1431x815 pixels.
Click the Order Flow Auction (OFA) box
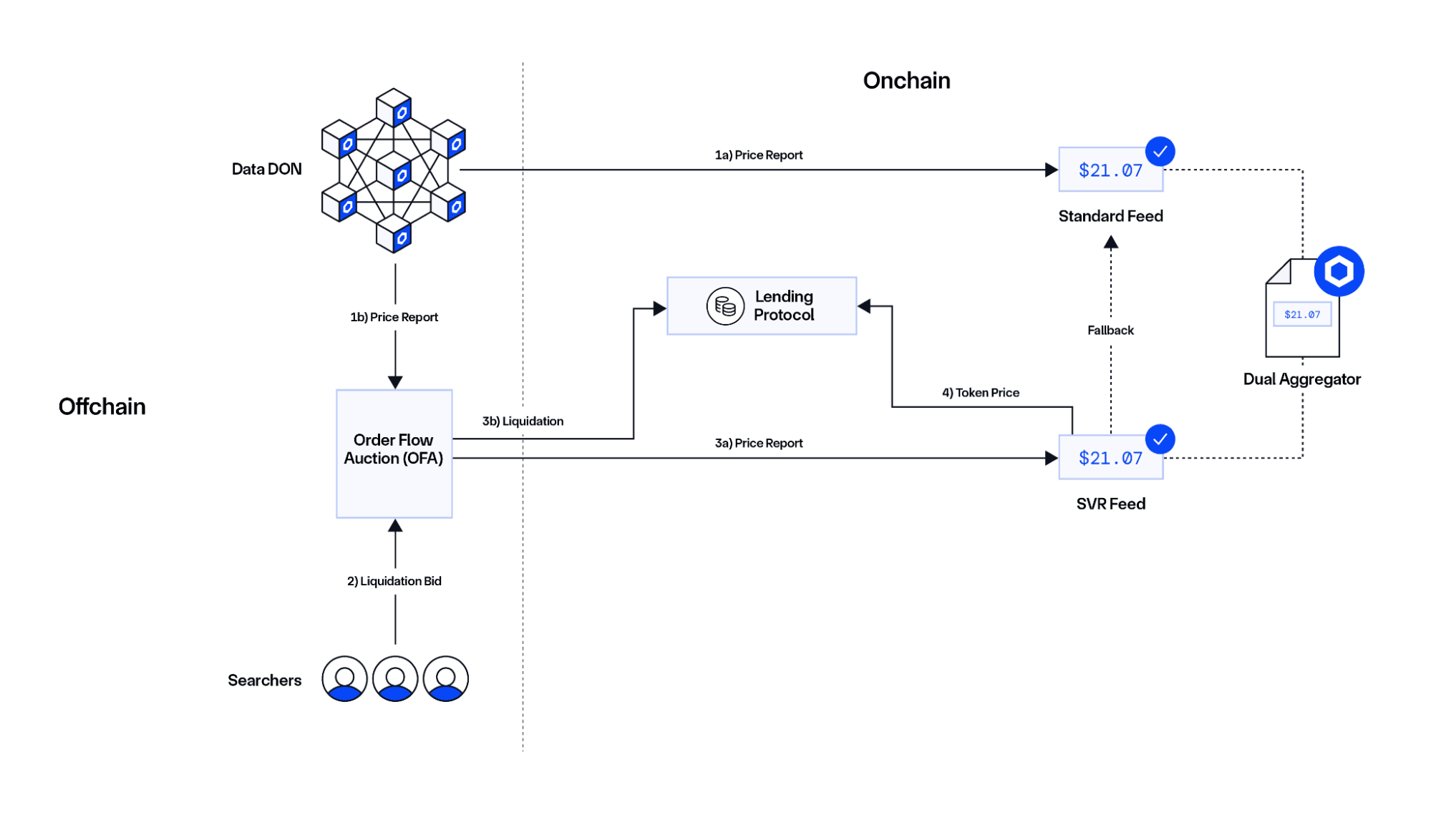pos(394,453)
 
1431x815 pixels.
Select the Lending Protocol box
pos(762,306)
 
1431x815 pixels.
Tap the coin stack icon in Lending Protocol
pos(725,306)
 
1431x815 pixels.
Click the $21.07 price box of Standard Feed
pos(1110,170)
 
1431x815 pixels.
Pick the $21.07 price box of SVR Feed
pos(1110,458)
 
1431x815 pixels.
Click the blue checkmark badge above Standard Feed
pos(1160,152)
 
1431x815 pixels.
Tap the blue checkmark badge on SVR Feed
pos(1160,439)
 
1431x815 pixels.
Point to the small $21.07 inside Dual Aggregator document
pos(1302,314)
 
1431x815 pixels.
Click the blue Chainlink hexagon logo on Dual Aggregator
pos(1339,271)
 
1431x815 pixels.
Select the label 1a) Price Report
pos(759,155)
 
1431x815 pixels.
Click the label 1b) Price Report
pos(394,317)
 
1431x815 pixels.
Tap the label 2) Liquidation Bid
pos(394,581)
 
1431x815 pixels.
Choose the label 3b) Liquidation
pos(523,421)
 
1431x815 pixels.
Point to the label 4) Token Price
pos(980,393)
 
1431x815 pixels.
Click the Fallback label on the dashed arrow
pos(1110,331)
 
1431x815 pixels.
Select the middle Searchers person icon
pos(394,678)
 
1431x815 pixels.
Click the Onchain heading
pos(906,81)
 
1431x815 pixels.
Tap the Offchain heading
pos(102,406)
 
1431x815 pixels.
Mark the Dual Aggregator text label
pos(1301,379)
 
